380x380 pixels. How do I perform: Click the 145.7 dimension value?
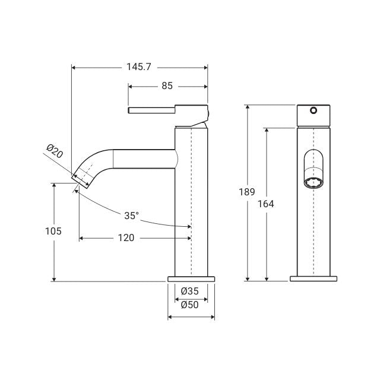139,67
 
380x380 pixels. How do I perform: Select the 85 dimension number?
167,85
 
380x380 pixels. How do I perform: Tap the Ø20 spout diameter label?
55,151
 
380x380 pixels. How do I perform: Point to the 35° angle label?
132,216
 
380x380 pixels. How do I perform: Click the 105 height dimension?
53,231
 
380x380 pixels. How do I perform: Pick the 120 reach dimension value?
126,237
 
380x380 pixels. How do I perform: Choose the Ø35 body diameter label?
190,291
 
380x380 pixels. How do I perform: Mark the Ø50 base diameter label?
190,305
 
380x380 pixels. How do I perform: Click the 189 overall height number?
247,192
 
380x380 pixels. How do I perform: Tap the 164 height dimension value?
266,204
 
